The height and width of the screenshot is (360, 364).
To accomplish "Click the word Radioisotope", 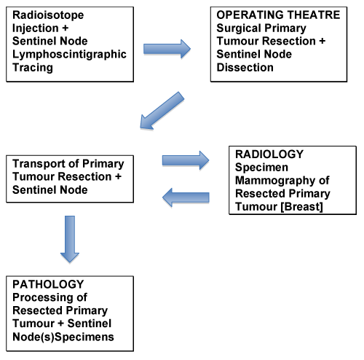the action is tap(48, 15).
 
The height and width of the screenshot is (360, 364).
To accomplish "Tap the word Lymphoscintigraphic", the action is tap(69, 55).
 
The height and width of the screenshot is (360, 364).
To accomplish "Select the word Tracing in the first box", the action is tap(33, 68).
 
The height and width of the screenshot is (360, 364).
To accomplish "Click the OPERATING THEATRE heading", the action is tap(278, 15).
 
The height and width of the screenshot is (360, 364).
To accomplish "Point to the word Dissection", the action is tap(245, 67).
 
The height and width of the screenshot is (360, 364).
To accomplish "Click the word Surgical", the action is tap(239, 28).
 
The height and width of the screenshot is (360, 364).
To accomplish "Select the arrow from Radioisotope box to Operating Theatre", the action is tap(167, 49).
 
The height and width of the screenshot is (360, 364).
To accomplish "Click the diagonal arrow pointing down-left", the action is tap(162, 111).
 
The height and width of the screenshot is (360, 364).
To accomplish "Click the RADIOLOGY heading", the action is tap(269, 154).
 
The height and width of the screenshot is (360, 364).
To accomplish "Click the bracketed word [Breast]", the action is tap(301, 207).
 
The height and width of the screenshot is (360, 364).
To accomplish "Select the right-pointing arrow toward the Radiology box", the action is tap(186, 160).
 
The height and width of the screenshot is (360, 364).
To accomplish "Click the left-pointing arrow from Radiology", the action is tap(186, 197).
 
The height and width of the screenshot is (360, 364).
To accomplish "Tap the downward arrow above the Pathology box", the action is tap(70, 239).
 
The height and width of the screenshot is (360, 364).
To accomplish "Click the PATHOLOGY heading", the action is tap(48, 284).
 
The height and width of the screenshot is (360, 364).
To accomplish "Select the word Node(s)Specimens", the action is tap(63, 337).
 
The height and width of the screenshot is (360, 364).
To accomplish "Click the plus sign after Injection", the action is tap(65, 28).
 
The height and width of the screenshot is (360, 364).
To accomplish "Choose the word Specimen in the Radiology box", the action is tap(261, 168).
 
